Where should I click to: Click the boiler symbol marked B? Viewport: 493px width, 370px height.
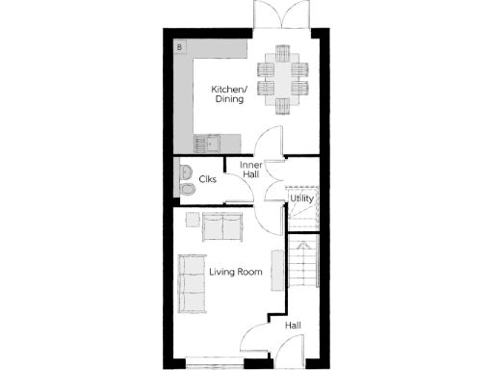[180, 45]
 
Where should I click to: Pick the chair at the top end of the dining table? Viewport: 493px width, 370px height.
[283, 50]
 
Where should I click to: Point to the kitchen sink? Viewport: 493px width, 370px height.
[205, 144]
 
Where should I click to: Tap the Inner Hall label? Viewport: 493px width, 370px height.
[250, 170]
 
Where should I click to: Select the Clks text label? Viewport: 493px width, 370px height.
[207, 179]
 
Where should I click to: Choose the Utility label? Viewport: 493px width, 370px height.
[302, 198]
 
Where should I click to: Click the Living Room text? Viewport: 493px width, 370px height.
[236, 273]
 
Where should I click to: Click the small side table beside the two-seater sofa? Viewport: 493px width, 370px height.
[193, 219]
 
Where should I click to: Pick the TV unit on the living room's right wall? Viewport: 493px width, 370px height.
[277, 272]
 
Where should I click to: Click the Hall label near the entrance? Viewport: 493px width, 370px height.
[293, 326]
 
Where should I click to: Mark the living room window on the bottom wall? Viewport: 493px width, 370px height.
[214, 365]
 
